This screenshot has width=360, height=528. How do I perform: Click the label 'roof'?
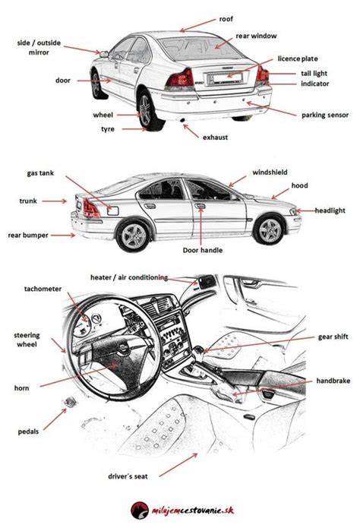coord(226,19)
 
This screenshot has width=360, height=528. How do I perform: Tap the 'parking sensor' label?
coord(324,115)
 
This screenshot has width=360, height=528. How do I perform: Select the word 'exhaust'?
coord(215,138)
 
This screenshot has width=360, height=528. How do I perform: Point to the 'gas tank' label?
coord(40,173)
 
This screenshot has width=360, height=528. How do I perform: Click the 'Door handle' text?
coord(203,250)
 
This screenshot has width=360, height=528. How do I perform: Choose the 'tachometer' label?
coord(43,289)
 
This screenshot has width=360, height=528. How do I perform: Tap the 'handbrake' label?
coord(333,381)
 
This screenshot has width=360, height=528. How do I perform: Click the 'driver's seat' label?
coord(128,476)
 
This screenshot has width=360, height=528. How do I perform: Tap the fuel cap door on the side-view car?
coord(113,210)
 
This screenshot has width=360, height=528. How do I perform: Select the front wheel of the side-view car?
coord(270,230)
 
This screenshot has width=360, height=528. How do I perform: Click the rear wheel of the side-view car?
coord(134,236)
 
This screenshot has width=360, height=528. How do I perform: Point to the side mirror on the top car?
coord(104,54)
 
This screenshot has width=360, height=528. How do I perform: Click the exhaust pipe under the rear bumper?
coord(182,120)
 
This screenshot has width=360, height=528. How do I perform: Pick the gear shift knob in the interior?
coord(199,350)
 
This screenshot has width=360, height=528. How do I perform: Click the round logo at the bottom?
coord(140,511)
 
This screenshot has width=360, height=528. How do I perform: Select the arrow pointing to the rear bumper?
coord(63,236)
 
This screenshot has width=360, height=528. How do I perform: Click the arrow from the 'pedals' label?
coord(55,419)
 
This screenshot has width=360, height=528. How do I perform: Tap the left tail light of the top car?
coord(181,79)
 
